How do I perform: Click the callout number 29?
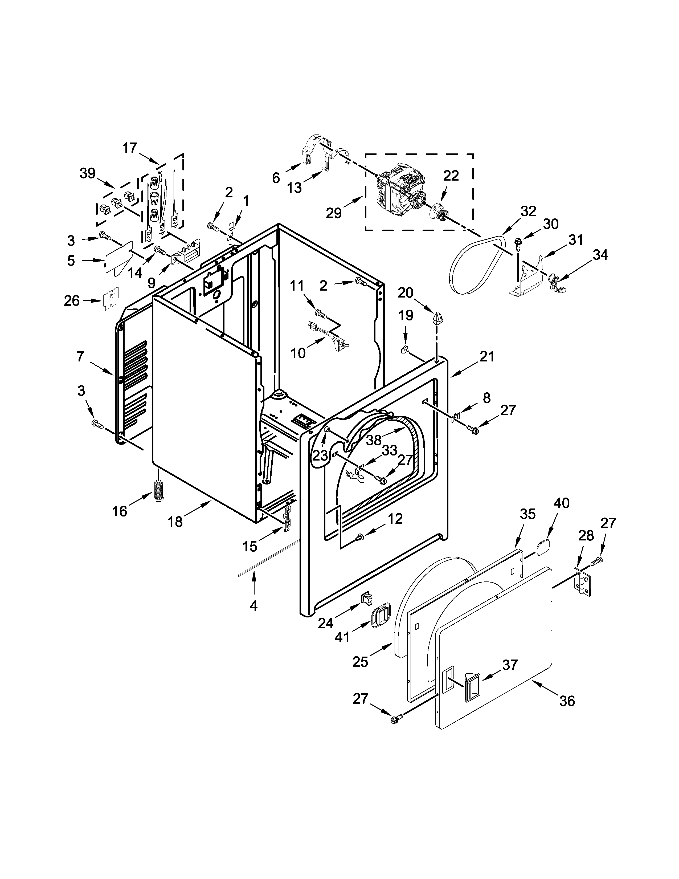tap(333, 213)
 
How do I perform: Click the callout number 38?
tap(374, 440)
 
